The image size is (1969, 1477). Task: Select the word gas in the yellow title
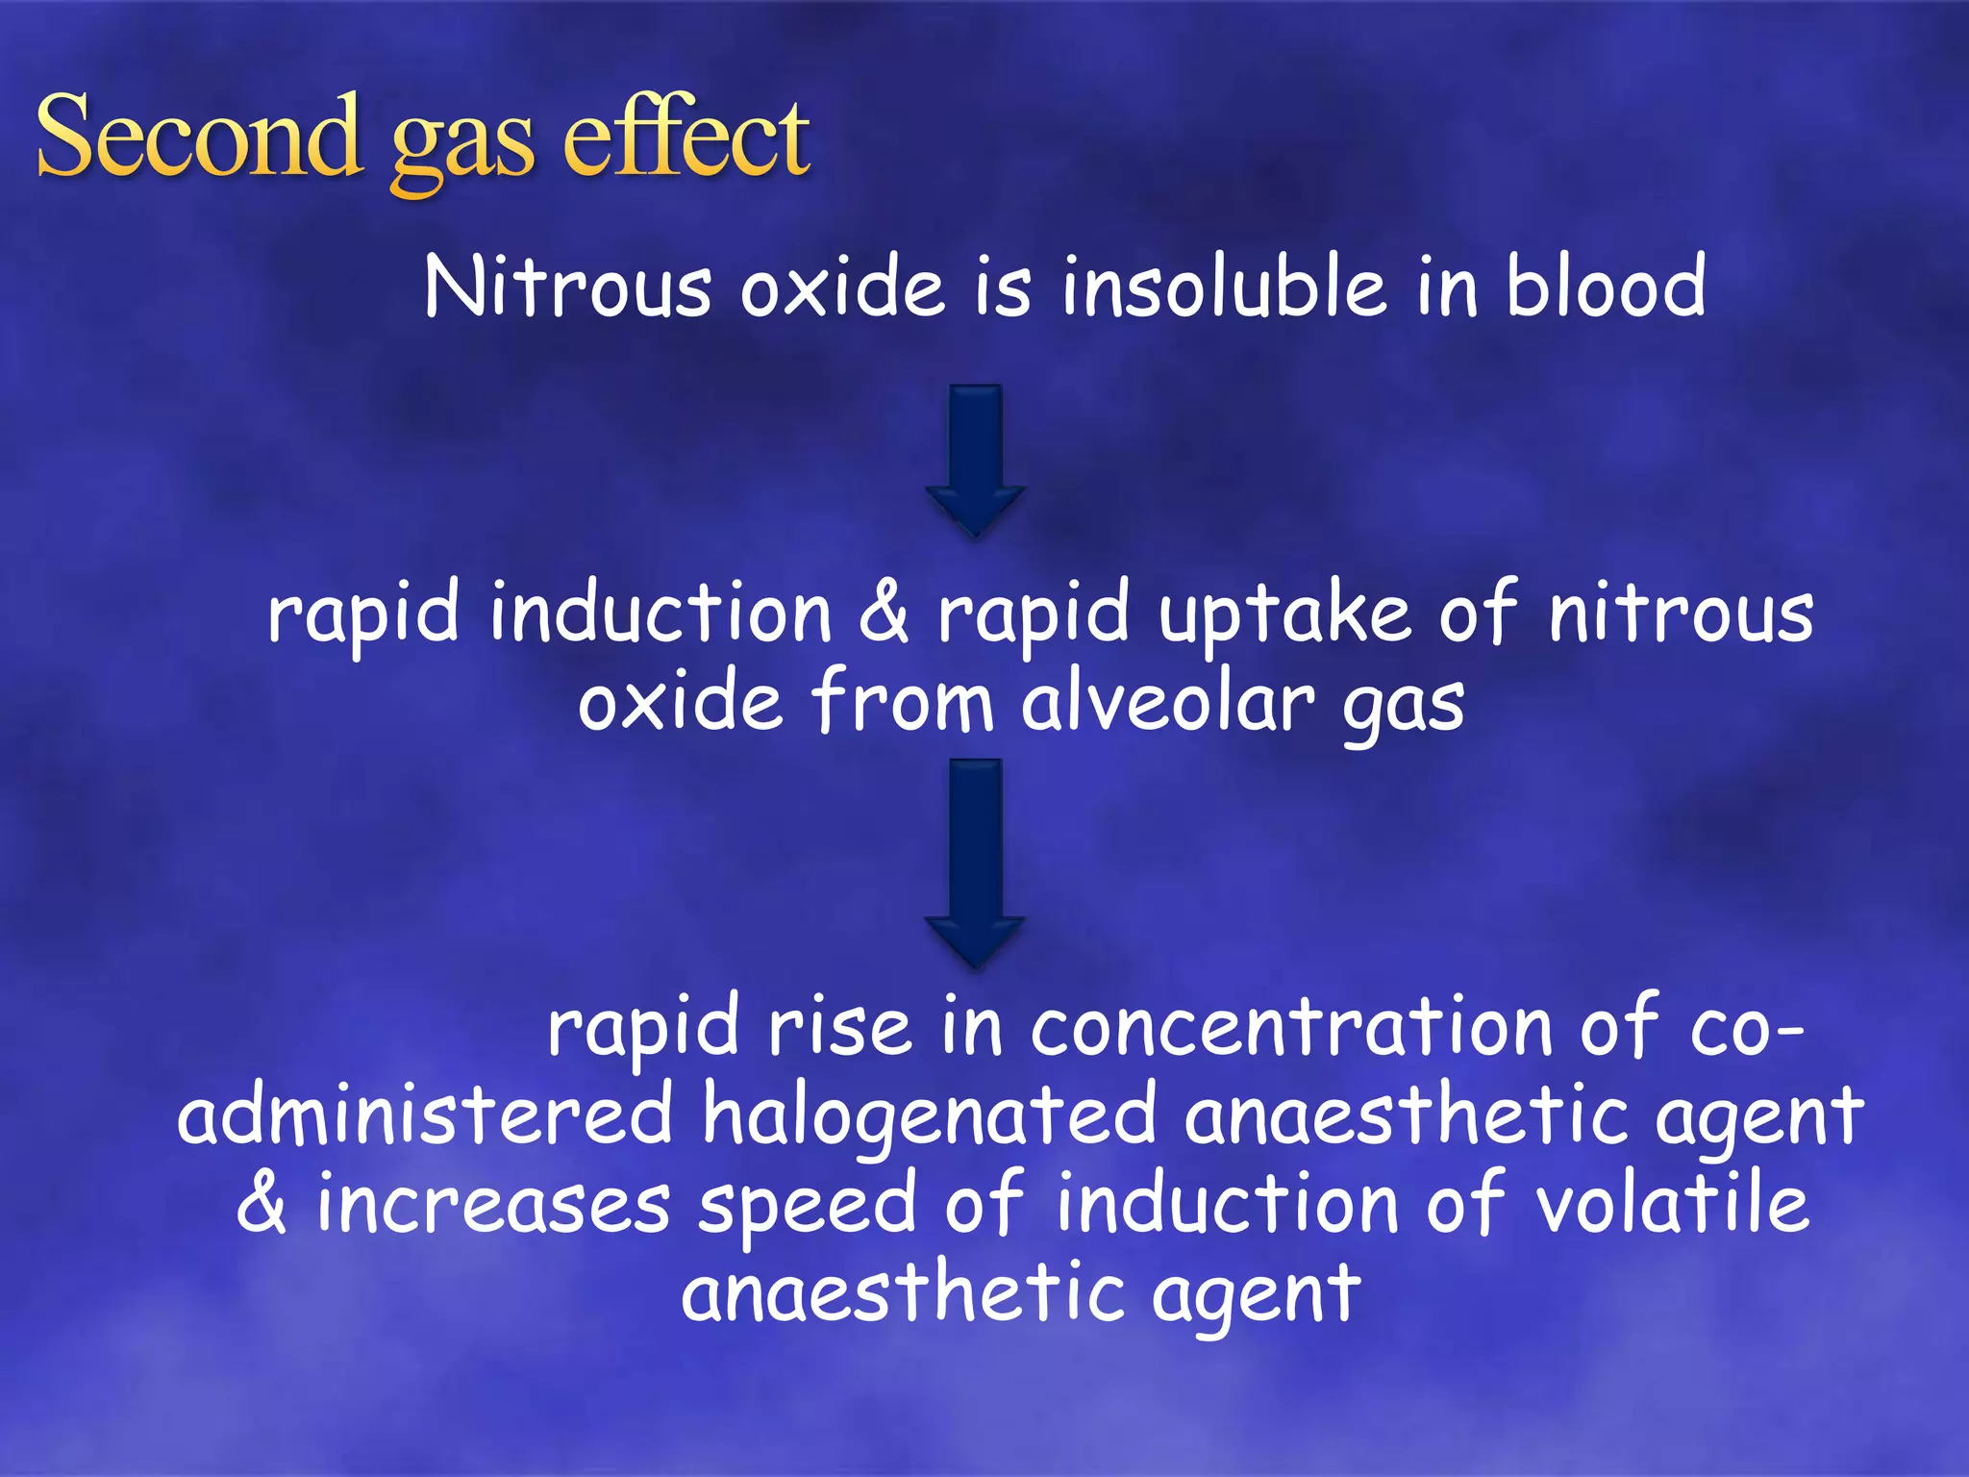click(461, 144)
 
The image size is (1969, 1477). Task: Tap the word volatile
click(1672, 1204)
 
